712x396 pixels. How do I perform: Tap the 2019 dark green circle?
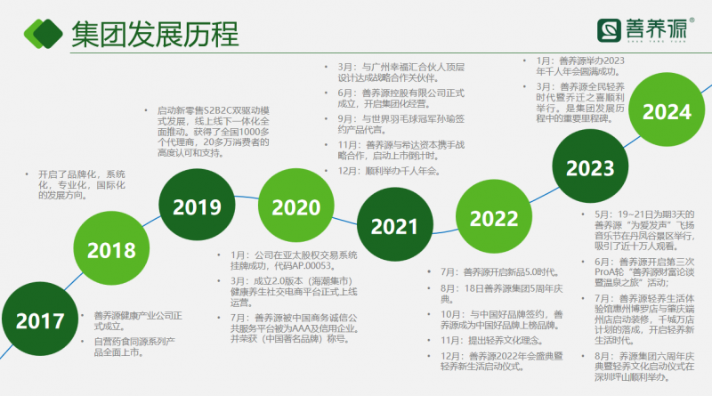[x=197, y=207]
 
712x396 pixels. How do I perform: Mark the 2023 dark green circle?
[x=582, y=166]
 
